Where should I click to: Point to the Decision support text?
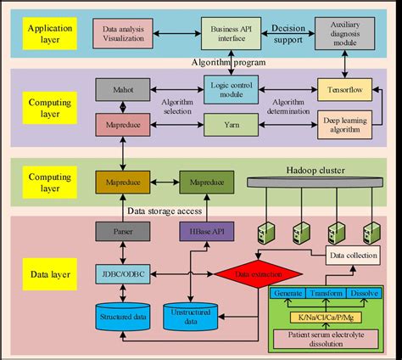coord(288,33)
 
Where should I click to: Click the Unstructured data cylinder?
coord(193,317)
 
